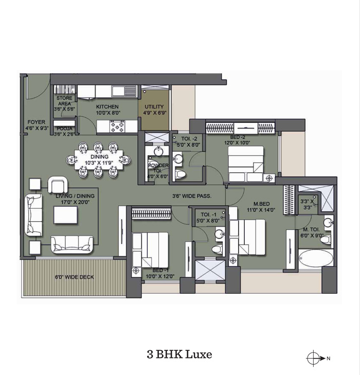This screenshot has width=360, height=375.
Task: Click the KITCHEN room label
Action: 107,106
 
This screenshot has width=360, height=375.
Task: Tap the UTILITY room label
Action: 154,106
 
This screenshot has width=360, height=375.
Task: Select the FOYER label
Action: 37,122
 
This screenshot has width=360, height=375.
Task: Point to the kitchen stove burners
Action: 117,126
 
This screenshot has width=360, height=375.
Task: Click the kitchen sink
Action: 124,91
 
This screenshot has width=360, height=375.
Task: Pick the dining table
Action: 99,159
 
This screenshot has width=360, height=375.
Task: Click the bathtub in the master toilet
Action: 316,259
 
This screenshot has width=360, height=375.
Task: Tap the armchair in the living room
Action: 58,184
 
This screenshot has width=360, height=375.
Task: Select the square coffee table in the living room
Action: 65,215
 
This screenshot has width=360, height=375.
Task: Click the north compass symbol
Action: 313,358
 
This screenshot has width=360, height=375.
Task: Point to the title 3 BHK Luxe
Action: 179,354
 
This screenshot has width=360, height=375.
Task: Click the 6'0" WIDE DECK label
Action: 75,277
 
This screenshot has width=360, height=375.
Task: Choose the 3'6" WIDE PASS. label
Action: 192,196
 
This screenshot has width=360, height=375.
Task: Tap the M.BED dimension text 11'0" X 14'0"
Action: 261,210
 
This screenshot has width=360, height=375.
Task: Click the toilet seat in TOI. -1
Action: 217,249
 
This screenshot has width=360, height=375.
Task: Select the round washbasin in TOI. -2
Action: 177,158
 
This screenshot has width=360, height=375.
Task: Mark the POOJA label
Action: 64,129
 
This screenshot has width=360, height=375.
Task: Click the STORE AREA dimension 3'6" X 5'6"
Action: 64,109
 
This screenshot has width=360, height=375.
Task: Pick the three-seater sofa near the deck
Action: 72,244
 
